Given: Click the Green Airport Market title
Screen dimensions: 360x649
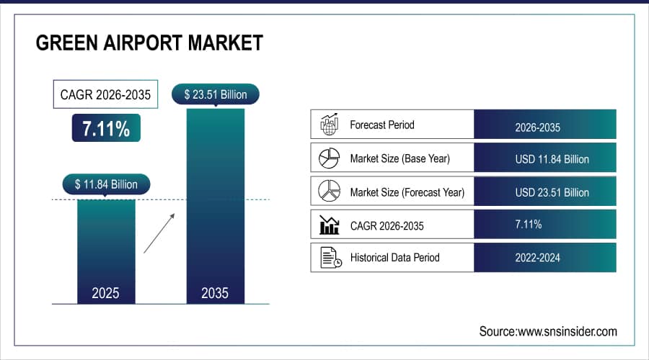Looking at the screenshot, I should pyautogui.click(x=149, y=43).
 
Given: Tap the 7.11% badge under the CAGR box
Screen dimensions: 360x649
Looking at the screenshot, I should pyautogui.click(x=106, y=128).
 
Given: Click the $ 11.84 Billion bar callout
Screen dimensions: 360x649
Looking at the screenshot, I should pyautogui.click(x=106, y=184).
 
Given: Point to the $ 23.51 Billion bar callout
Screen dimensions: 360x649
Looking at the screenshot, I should pyautogui.click(x=215, y=94).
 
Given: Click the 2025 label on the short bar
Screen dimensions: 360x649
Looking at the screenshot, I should pyautogui.click(x=106, y=293).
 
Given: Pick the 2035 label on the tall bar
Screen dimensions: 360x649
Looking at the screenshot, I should pyautogui.click(x=215, y=293).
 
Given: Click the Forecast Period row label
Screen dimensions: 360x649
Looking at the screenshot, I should pyautogui.click(x=381, y=125).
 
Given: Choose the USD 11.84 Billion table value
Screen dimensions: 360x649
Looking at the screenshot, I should pyautogui.click(x=552, y=158).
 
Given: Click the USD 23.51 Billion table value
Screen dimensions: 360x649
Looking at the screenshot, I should pyautogui.click(x=552, y=192).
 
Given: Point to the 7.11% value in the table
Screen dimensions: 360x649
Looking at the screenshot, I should pyautogui.click(x=529, y=225).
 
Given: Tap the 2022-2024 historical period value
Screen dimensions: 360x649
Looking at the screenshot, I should pyautogui.click(x=537, y=258).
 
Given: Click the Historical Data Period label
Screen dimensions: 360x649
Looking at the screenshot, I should pyautogui.click(x=394, y=258).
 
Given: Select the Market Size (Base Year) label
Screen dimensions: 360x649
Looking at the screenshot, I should pyautogui.click(x=400, y=158).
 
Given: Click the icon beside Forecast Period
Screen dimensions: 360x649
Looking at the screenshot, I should pyautogui.click(x=329, y=125).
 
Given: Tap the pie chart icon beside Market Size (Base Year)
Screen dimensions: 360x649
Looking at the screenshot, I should pyautogui.click(x=329, y=158).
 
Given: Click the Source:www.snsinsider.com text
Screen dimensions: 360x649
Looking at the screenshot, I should pyautogui.click(x=548, y=331).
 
